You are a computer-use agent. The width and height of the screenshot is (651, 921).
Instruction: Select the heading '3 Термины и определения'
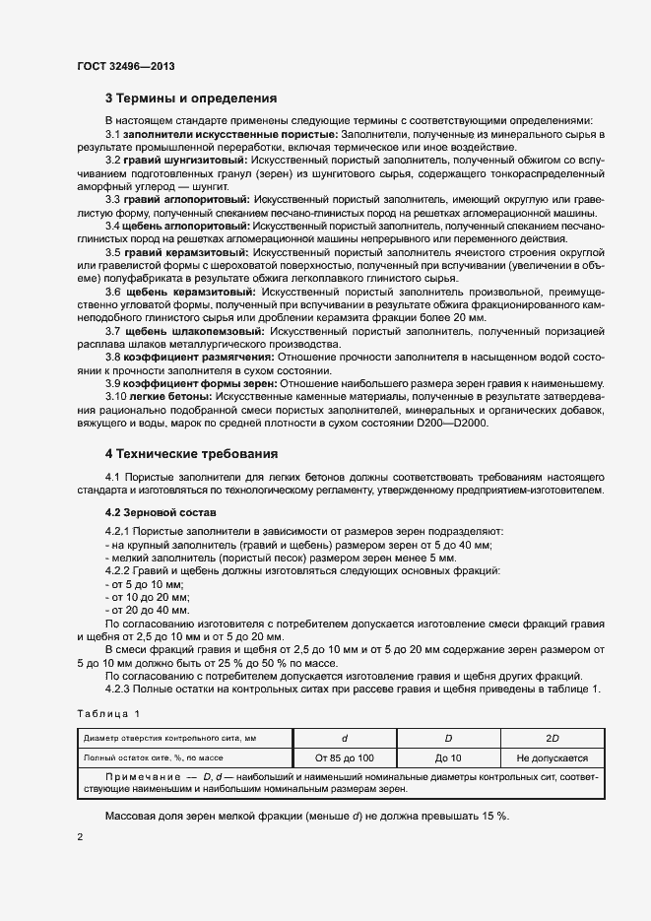pyautogui.click(x=191, y=99)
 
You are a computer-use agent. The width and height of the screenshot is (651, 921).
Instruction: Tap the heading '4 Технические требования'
pyautogui.click(x=191, y=454)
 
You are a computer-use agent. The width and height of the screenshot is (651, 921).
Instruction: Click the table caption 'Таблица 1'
pyautogui.click(x=108, y=712)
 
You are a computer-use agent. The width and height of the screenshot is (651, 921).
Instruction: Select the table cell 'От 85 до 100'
pyautogui.click(x=344, y=758)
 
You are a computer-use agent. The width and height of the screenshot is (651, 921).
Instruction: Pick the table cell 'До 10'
pyautogui.click(x=447, y=758)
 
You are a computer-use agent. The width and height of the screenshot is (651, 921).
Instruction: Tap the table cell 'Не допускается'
pyautogui.click(x=552, y=758)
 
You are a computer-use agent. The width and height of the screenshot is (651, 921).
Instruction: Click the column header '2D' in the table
pyautogui.click(x=552, y=738)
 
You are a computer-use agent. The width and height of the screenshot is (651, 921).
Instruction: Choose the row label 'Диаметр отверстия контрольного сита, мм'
pyautogui.click(x=169, y=738)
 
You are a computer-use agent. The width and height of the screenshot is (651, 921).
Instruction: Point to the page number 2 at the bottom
pyautogui.click(x=80, y=836)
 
